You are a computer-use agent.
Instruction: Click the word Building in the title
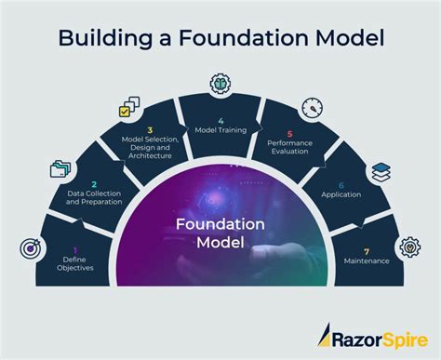[101, 38]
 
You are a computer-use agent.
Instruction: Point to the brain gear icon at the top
[221, 83]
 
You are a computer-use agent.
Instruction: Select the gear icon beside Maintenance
[408, 247]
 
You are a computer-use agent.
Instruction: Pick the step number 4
[221, 119]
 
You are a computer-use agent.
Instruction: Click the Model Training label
[221, 130]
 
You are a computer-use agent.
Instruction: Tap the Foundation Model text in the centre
[220, 233]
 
